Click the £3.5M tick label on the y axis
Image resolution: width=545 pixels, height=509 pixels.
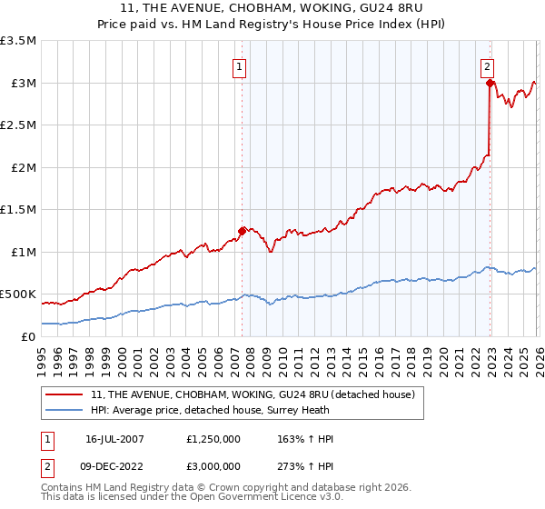pos(18,41)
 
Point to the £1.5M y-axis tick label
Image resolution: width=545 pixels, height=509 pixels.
pos(18,210)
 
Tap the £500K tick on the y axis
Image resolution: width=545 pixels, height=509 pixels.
pos(18,294)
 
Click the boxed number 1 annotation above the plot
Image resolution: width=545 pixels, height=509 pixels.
pos(239,65)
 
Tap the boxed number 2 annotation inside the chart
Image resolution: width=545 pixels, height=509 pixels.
pos(488,65)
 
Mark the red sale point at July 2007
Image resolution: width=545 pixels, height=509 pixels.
pos(242,231)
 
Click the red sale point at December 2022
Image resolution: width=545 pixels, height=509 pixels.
pos(490,84)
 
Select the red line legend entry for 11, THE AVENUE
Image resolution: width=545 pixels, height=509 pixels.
pos(253,394)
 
